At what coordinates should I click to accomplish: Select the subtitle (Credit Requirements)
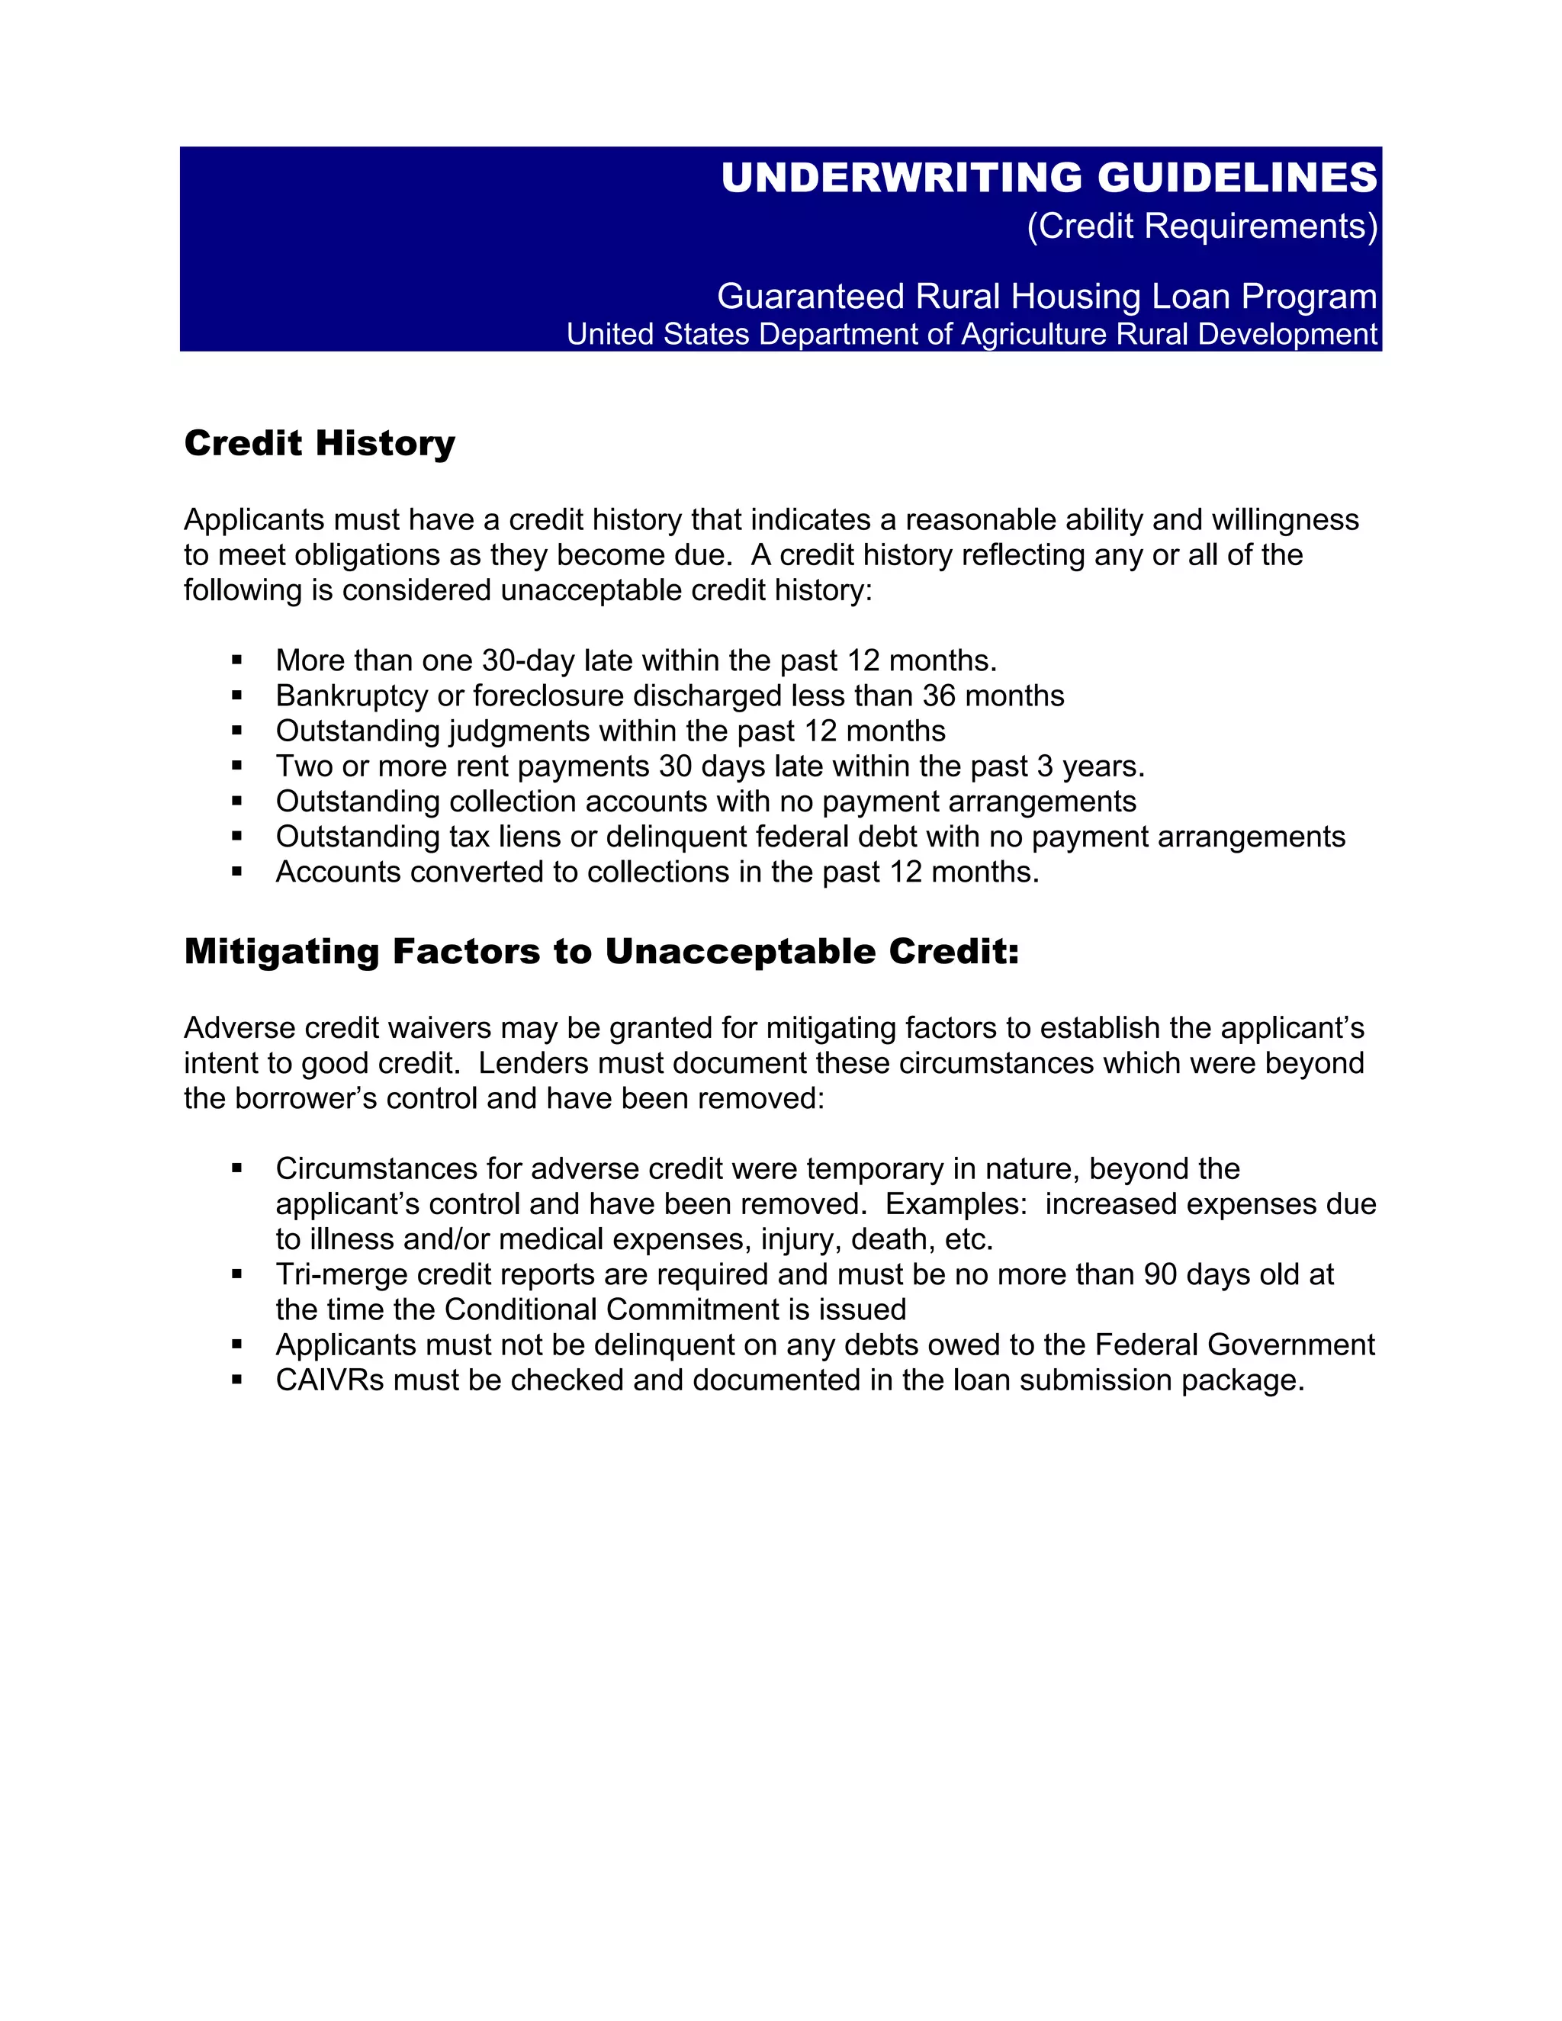[x=1202, y=227]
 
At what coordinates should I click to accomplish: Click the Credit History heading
[x=320, y=443]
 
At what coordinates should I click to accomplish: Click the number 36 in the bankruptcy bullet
[x=939, y=696]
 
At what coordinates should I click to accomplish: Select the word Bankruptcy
[x=352, y=696]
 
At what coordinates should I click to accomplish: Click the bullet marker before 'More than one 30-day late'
[x=237, y=660]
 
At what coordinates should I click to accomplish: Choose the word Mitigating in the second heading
[x=282, y=951]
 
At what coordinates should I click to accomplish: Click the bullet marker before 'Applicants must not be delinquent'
[x=237, y=1345]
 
